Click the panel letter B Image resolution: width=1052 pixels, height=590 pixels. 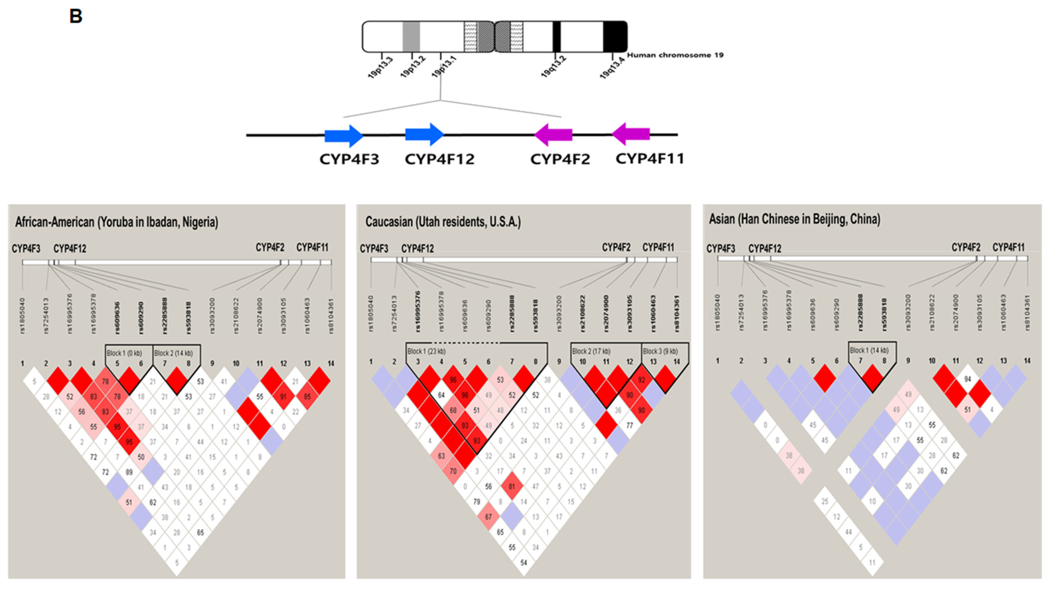point(76,17)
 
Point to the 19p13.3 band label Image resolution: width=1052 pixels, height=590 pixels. point(380,68)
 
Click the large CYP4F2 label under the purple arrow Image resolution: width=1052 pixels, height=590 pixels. point(560,159)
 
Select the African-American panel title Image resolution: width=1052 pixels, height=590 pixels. point(117,222)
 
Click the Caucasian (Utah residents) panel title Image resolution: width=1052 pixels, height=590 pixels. point(443,222)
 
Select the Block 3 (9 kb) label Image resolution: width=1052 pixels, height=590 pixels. point(660,351)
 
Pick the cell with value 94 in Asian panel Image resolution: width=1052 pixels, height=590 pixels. point(968,379)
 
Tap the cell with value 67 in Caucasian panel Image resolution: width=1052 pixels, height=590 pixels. point(489,517)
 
